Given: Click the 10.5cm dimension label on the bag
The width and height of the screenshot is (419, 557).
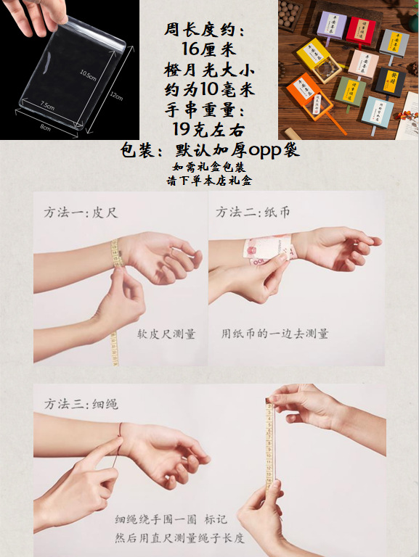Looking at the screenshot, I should (x=88, y=73).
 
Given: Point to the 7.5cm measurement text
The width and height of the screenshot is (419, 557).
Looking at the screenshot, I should (x=47, y=105).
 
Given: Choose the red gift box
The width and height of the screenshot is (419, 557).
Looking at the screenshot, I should (x=361, y=30).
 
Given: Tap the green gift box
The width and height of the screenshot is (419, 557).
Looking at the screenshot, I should (x=350, y=90).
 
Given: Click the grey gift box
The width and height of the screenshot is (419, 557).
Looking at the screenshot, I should (x=394, y=41).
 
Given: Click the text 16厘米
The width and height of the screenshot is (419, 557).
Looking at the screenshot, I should (x=206, y=50).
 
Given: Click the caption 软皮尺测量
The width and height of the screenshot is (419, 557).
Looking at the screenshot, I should (x=166, y=334).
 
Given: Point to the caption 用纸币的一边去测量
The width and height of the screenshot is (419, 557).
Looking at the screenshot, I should (x=275, y=334).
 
